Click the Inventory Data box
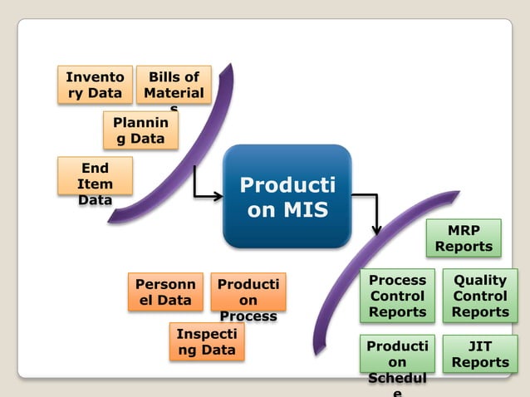pos(94,85)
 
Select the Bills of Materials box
pos(173,85)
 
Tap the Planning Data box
pos(140,130)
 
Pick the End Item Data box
pos(95,177)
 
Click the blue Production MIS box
pos(287,196)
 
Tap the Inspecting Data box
pos(207,341)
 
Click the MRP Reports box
pos(464,238)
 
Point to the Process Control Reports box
pos(397,296)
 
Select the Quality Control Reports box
pos(480,296)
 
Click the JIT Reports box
pos(480,354)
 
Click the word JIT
pos(480,346)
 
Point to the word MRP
pos(464,229)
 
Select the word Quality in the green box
pos(480,281)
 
